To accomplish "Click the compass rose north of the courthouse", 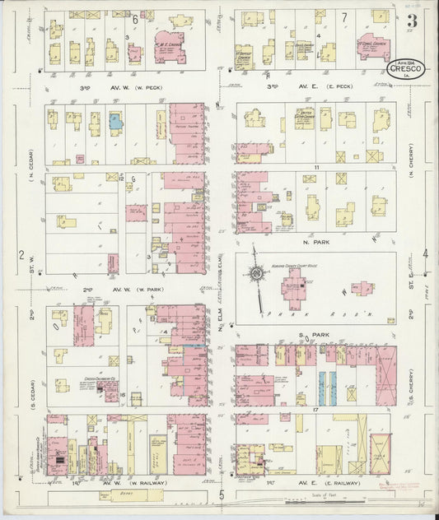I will point(257,273).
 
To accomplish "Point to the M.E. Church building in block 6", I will point(170,50).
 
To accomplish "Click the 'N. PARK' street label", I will point(311,242).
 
